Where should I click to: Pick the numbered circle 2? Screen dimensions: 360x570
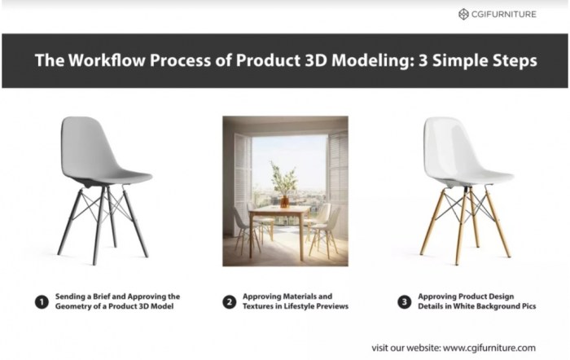pos(230,301)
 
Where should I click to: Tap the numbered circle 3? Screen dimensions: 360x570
pos(405,301)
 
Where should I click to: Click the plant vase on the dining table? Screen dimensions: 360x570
pos(284,200)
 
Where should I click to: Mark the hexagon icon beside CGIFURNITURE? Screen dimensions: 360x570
pos(463,14)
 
